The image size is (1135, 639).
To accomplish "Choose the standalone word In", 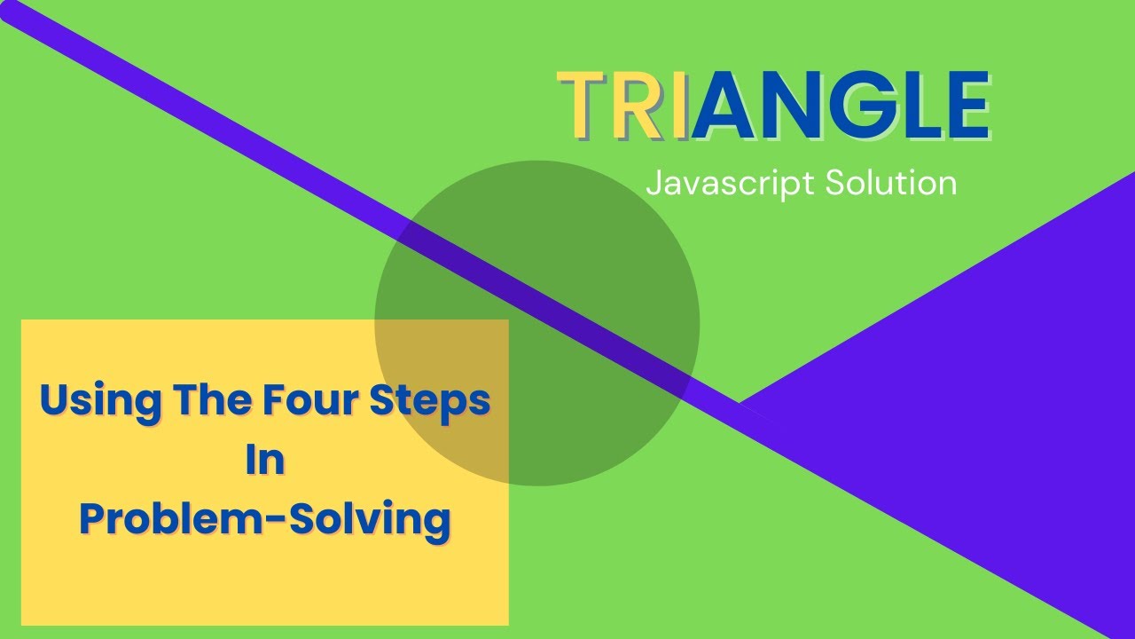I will click(264, 460).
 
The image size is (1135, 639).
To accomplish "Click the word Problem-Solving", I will click(264, 518).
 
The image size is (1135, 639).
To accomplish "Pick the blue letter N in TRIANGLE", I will click(796, 106).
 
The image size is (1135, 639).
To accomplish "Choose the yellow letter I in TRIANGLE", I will click(678, 106).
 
